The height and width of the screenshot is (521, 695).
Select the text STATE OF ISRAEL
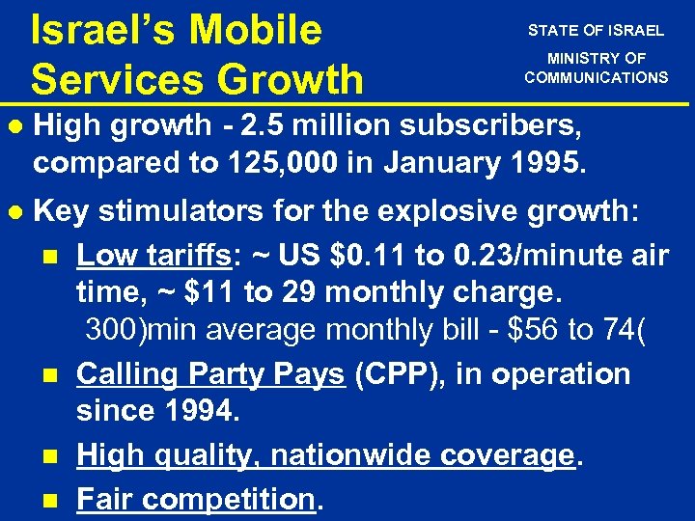[596, 30]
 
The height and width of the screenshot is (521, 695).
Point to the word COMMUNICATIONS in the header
[596, 77]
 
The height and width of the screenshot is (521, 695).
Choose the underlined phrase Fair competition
[196, 499]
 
